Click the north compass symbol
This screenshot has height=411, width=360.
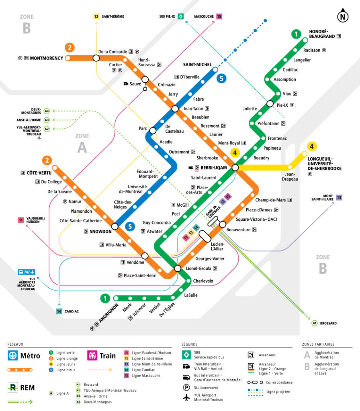[x=342, y=16]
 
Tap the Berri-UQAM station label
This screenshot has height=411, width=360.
[x=213, y=167]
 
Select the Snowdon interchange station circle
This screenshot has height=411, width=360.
[x=115, y=226]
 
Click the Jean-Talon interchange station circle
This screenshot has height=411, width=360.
[x=175, y=109]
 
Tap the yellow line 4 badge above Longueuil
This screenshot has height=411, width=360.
[x=311, y=146]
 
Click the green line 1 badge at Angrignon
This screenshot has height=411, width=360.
[x=105, y=298]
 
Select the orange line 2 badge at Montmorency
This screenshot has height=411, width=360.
[x=70, y=47]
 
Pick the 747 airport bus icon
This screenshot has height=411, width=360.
[x=27, y=272]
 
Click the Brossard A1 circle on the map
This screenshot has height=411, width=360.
[x=315, y=323]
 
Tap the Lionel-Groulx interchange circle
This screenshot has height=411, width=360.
[x=177, y=268]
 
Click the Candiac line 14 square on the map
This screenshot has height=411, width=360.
[x=59, y=311]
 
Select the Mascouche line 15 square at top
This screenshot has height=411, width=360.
[x=219, y=16]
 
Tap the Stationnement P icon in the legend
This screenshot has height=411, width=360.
[x=186, y=388]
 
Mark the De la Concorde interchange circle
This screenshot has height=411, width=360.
[x=96, y=58]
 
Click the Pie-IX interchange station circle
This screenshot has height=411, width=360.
[x=270, y=104]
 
